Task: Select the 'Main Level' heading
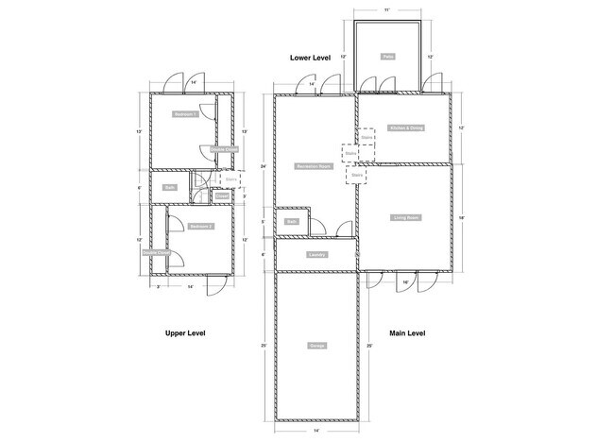click(x=408, y=333)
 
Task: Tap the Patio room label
click(x=387, y=57)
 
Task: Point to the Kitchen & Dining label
click(x=406, y=127)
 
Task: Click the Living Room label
click(x=406, y=217)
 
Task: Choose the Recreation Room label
click(x=312, y=165)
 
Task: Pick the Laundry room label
click(x=317, y=254)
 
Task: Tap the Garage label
click(x=317, y=347)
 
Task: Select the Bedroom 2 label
click(x=199, y=226)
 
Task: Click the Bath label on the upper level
click(x=170, y=187)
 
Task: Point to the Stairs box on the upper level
click(x=230, y=177)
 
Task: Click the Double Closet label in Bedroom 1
click(x=224, y=148)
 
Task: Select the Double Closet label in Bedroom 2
click(x=156, y=252)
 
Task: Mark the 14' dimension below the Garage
click(x=316, y=431)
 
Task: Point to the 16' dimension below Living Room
click(x=405, y=282)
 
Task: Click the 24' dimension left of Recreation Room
click(x=264, y=166)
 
